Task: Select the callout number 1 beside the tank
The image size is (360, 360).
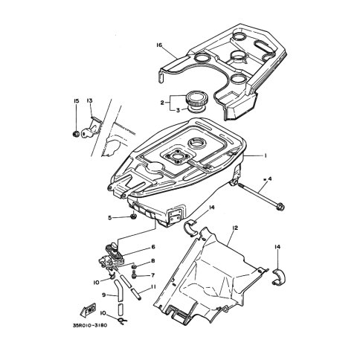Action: click(x=266, y=155)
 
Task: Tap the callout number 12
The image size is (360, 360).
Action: click(x=235, y=228)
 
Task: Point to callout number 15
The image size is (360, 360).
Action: click(x=76, y=101)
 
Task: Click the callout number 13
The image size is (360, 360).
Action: click(x=89, y=100)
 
